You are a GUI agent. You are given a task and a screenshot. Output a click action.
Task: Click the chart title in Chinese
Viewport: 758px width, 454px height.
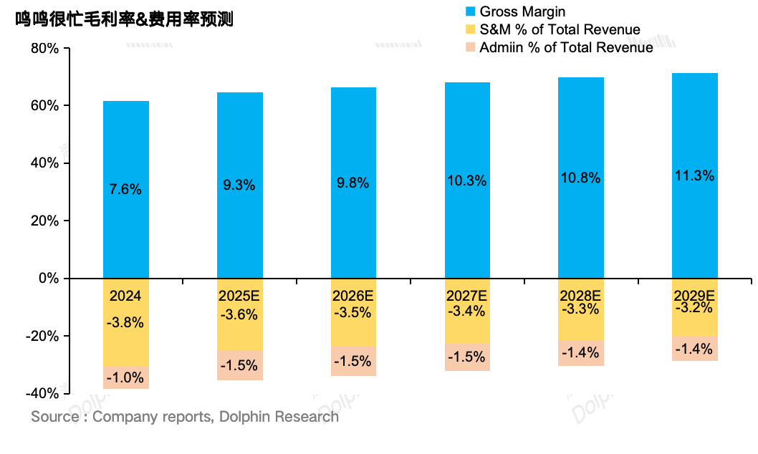coord(125,20)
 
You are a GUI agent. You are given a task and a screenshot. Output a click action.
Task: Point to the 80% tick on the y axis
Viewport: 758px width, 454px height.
coord(44,49)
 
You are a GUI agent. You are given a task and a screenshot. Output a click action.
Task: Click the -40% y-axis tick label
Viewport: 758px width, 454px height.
coord(42,393)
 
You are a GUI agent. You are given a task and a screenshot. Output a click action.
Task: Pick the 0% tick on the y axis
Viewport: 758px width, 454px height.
coord(49,278)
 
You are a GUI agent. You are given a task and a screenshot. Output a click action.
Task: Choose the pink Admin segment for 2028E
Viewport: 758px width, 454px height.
coord(581,353)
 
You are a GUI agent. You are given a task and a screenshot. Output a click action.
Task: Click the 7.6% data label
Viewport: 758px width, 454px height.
coord(126,190)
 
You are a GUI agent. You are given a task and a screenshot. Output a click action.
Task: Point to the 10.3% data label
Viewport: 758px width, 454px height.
coord(467,181)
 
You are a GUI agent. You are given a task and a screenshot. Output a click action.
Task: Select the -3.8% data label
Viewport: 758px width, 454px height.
coord(125,322)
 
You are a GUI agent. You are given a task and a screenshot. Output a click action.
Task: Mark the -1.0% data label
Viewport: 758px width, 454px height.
coord(125,377)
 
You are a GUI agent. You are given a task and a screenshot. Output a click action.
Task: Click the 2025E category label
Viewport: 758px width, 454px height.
coord(240,296)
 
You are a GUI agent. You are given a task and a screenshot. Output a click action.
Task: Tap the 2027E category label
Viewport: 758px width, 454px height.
coord(467,295)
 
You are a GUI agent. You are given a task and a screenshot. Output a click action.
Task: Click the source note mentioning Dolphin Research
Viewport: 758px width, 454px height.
coord(185,417)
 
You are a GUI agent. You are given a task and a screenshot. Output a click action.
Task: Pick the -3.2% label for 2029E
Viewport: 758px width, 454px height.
coord(694,309)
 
